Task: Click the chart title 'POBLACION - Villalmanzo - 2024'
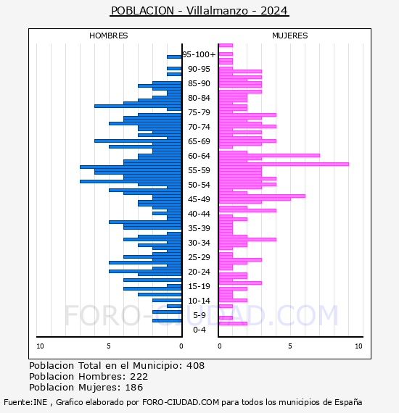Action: click(x=199, y=11)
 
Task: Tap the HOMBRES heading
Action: click(x=108, y=36)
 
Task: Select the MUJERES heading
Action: click(x=290, y=36)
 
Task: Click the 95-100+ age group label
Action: click(x=199, y=54)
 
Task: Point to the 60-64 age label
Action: click(x=199, y=156)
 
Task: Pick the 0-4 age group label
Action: click(x=199, y=330)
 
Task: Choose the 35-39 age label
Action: click(x=199, y=228)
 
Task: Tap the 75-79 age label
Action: click(x=199, y=112)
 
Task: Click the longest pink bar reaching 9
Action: click(x=284, y=164)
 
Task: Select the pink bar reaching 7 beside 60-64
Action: click(x=269, y=155)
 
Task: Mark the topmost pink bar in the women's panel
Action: click(x=226, y=46)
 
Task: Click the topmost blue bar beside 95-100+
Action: click(x=174, y=57)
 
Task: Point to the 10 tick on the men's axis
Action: click(x=40, y=346)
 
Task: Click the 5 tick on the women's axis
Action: click(x=290, y=346)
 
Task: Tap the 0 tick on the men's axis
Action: click(x=181, y=346)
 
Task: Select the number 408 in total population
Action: click(x=195, y=366)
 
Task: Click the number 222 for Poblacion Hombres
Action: click(x=139, y=376)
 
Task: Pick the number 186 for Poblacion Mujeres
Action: click(x=134, y=387)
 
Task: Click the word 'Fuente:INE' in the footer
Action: click(x=25, y=402)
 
